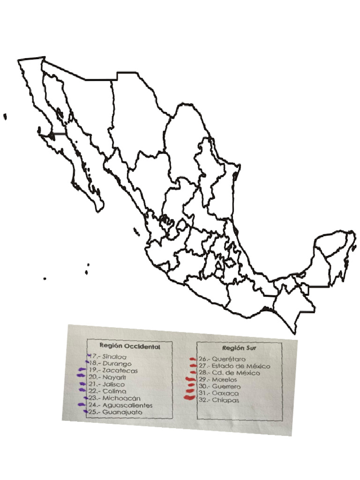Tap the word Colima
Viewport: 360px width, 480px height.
point(114,391)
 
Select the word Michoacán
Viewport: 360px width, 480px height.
point(121,398)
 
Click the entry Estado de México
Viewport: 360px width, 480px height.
point(240,366)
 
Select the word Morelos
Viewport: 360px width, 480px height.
point(224,379)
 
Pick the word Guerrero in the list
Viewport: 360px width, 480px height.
point(226,387)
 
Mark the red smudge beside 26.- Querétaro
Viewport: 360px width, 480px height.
point(192,360)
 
